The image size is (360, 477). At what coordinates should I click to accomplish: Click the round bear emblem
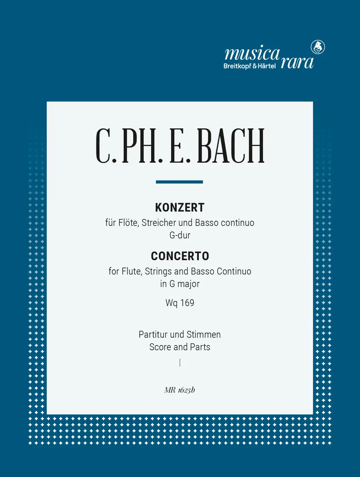coord(318,47)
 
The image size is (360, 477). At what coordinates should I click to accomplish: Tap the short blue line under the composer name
coord(179,182)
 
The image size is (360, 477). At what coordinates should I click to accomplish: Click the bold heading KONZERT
coord(180,208)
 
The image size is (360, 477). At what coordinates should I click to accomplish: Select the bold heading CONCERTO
coord(180,256)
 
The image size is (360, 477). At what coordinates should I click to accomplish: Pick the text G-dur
coord(180,235)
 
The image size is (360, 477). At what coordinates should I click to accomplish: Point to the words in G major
coord(180,284)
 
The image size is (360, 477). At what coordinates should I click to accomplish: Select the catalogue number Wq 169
coord(180,303)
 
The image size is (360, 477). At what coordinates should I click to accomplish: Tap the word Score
coord(160,347)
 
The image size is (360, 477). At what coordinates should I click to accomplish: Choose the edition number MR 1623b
coord(179,390)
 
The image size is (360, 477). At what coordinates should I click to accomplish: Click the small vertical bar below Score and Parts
coord(180,363)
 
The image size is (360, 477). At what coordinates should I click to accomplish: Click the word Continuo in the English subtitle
coord(234,271)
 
